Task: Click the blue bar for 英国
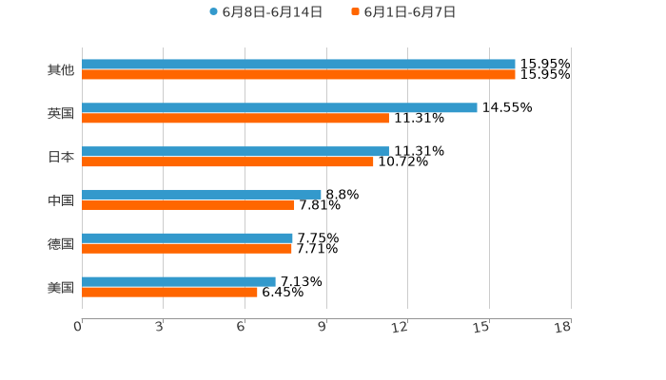[280, 108]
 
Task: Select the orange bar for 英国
[235, 119]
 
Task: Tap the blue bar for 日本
[235, 152]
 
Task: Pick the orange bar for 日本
[227, 162]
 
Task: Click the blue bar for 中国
[202, 195]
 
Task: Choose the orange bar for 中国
[188, 205]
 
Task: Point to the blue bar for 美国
[179, 282]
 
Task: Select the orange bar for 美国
[169, 293]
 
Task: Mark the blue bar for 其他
[299, 65]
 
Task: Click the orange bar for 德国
[186, 249]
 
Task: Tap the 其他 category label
[61, 70]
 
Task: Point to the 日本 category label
[61, 158]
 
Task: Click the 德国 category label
[61, 244]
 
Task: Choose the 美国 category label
[61, 288]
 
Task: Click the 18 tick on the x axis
[563, 328]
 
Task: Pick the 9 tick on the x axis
[323, 328]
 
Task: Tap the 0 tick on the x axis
[79, 328]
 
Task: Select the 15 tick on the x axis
[482, 328]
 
